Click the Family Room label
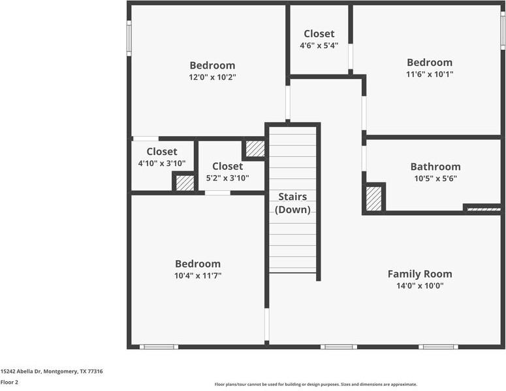[420, 274]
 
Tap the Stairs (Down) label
[293, 203]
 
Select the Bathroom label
[435, 167]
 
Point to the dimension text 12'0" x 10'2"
[212, 77]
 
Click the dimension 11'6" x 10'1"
[430, 74]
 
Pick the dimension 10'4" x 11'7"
[198, 276]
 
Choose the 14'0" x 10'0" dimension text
[420, 286]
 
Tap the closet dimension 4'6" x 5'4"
[319, 46]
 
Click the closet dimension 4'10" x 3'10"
[162, 163]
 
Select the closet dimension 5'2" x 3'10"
[227, 178]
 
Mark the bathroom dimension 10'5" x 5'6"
[435, 178]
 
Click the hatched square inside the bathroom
[373, 199]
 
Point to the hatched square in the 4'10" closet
[185, 183]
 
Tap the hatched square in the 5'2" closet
[255, 149]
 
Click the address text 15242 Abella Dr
[21, 371]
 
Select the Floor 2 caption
[9, 382]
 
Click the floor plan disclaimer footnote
[316, 384]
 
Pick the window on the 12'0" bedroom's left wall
[129, 38]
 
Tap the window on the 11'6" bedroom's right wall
[503, 31]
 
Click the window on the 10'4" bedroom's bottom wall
[159, 347]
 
